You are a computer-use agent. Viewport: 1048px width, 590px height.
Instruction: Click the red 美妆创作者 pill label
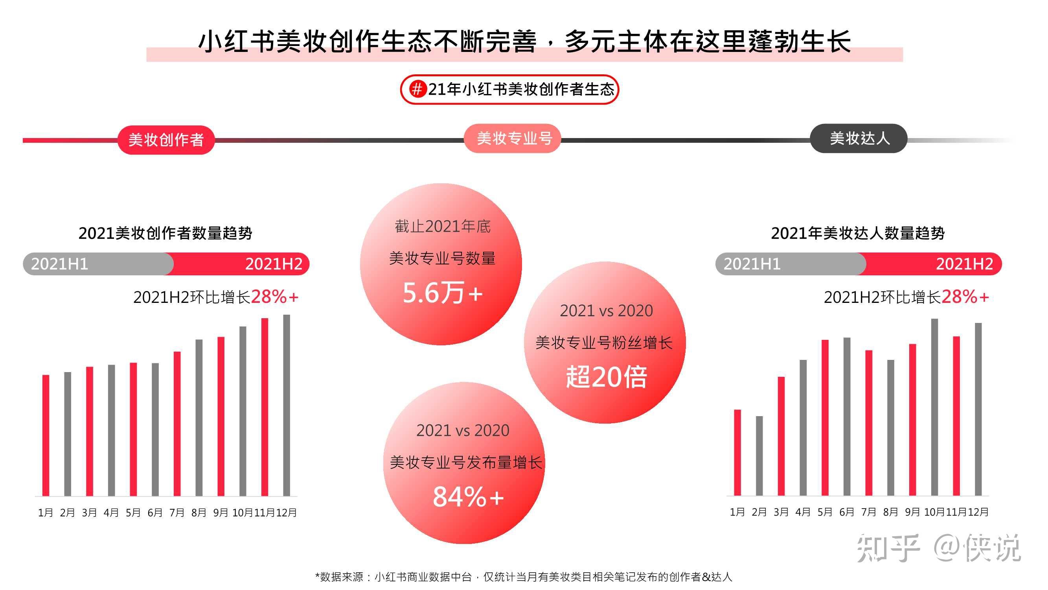[166, 140]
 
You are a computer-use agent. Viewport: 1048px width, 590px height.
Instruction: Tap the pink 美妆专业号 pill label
[513, 138]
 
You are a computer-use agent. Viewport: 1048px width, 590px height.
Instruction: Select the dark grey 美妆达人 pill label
[859, 138]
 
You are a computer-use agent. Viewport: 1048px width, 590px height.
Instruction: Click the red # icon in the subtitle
[417, 89]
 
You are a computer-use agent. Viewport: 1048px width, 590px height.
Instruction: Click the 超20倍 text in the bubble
[606, 377]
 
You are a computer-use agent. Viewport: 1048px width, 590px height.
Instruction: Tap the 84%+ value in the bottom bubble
[468, 496]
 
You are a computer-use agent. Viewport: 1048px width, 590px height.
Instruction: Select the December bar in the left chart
[287, 405]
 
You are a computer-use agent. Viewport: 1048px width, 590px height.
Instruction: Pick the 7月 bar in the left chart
[177, 424]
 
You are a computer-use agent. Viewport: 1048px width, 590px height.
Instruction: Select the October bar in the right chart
[934, 407]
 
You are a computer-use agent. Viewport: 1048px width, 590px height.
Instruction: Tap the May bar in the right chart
[825, 417]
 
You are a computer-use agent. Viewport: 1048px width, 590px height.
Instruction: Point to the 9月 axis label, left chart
[221, 513]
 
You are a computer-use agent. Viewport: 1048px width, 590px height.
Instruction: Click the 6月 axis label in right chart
[847, 512]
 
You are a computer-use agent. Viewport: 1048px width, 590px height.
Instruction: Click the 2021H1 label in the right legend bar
[752, 264]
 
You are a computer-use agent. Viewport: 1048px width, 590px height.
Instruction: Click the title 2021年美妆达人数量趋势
[858, 233]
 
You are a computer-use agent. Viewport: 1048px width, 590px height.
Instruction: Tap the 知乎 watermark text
[888, 548]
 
